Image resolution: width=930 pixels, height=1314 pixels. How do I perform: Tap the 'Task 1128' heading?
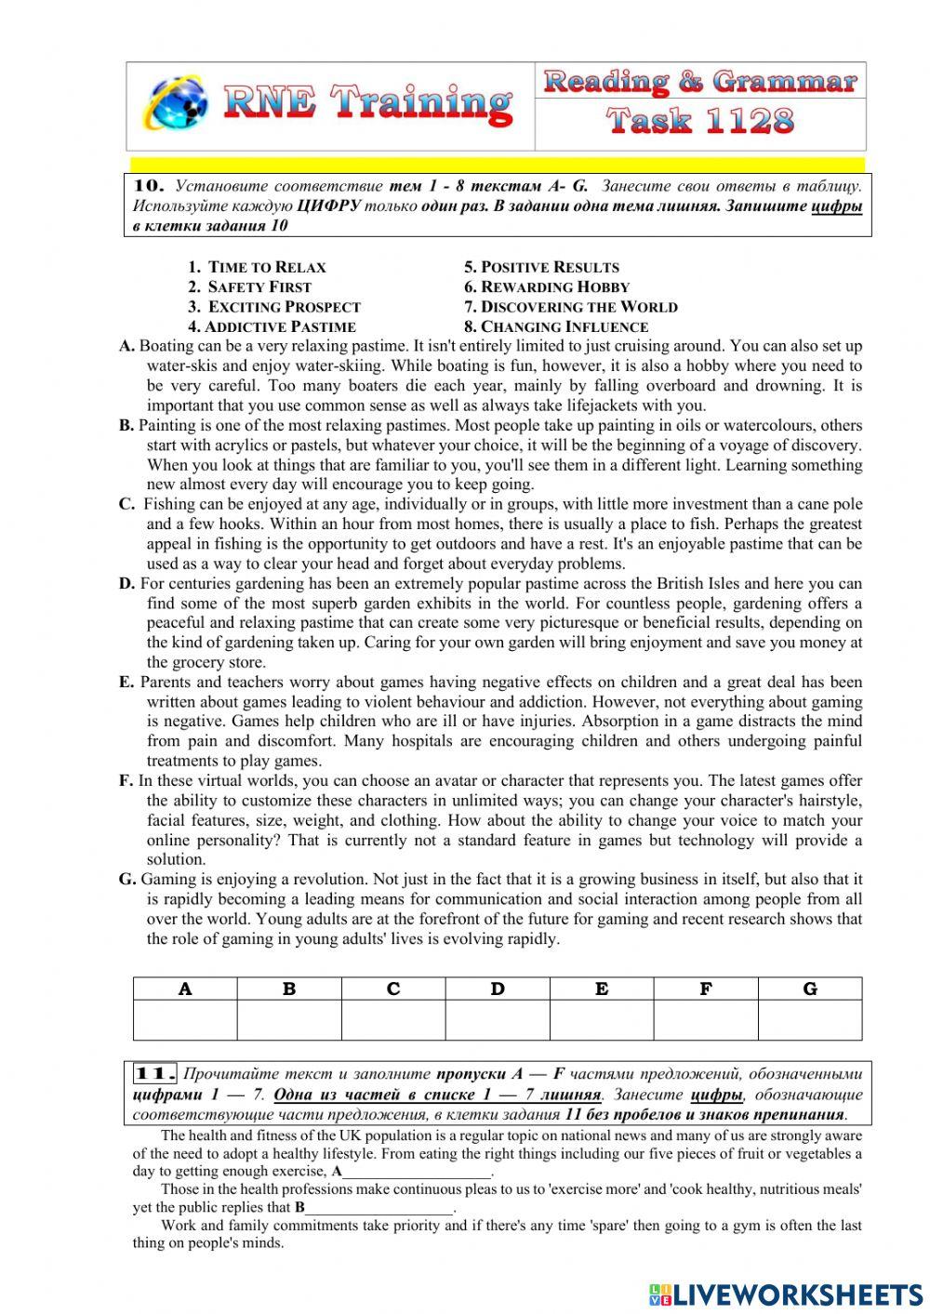700,121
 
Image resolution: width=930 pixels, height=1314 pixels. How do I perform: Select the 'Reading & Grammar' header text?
699,82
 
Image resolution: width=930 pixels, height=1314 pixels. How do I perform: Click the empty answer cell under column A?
185,1020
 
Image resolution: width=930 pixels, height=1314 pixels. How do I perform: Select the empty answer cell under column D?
498,1020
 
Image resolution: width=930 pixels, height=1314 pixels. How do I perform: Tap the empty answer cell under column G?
810,1020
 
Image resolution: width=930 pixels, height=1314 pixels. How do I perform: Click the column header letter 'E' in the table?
602,989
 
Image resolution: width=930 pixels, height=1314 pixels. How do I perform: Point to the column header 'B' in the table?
289,989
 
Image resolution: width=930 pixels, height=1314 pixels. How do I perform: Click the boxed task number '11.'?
155,1074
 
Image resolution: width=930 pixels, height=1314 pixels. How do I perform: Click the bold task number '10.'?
150,185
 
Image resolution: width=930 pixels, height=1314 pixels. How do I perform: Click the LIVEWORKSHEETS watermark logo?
786,1294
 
